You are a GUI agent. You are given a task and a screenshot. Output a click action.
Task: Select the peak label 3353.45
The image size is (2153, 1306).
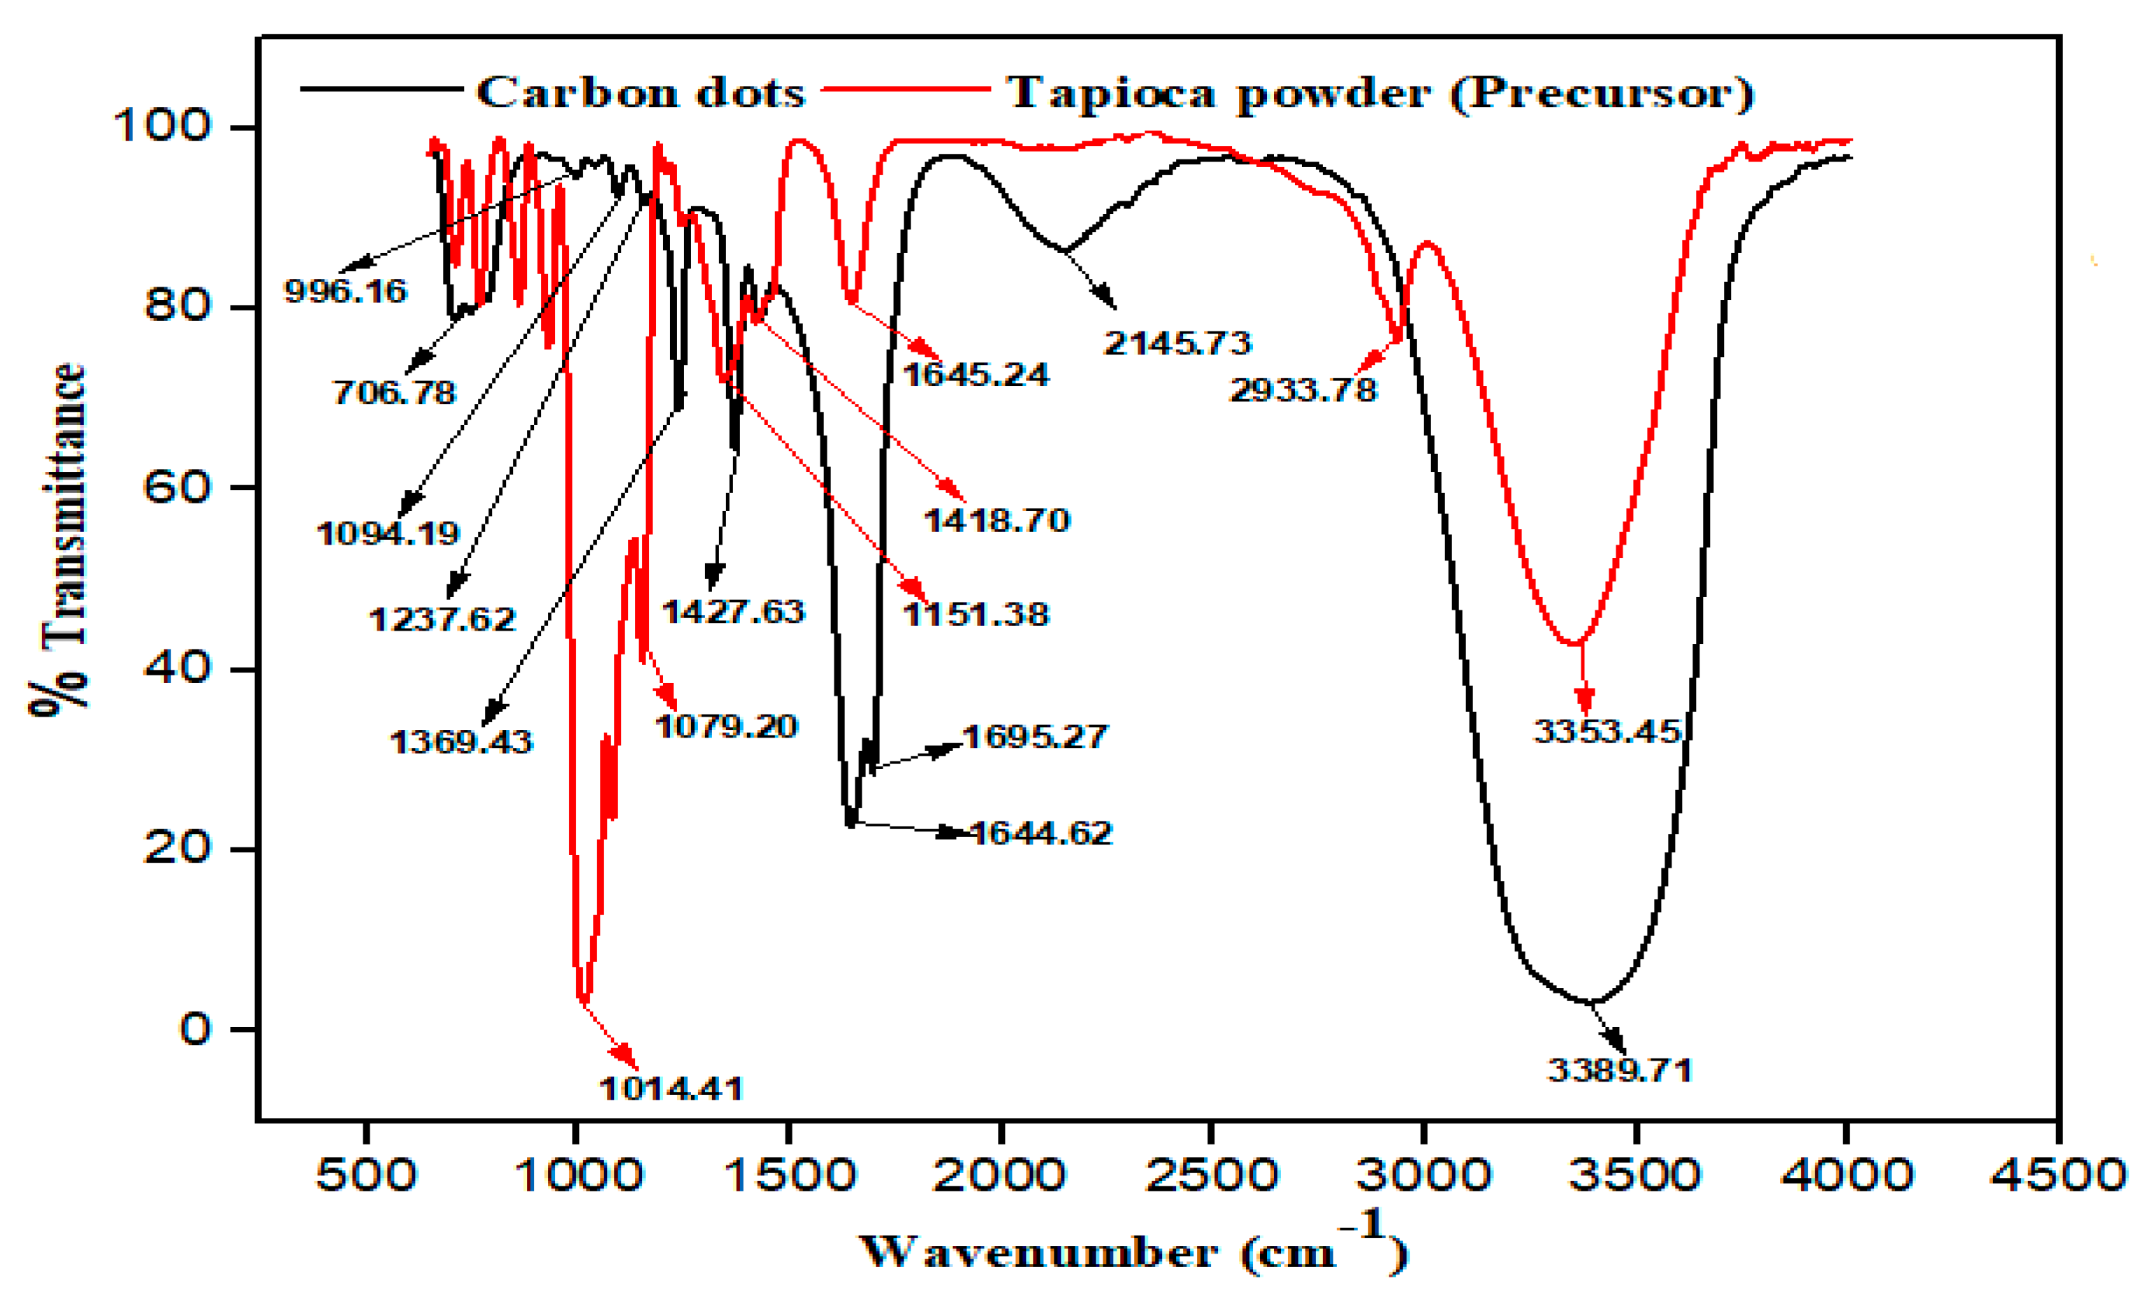(x=1607, y=731)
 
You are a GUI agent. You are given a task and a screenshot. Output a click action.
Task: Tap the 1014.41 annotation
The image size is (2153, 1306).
(x=671, y=1089)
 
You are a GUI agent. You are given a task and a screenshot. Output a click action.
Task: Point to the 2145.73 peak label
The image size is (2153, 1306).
(x=1177, y=343)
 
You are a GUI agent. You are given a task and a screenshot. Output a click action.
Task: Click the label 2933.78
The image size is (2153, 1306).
(x=1303, y=390)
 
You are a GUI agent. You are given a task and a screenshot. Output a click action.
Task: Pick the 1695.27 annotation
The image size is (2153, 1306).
(x=1034, y=736)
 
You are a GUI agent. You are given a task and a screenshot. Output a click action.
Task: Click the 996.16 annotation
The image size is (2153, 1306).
(x=346, y=290)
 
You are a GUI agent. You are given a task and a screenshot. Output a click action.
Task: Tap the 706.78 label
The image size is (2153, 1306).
(x=394, y=392)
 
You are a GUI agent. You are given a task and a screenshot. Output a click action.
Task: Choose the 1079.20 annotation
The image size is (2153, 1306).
(x=726, y=726)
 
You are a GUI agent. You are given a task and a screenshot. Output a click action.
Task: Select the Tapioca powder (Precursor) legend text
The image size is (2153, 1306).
(x=1379, y=93)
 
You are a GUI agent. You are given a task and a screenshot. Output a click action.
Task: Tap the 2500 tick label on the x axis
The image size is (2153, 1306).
(x=1212, y=1175)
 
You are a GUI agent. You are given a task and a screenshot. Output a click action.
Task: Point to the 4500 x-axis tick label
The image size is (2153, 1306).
(x=2058, y=1175)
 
